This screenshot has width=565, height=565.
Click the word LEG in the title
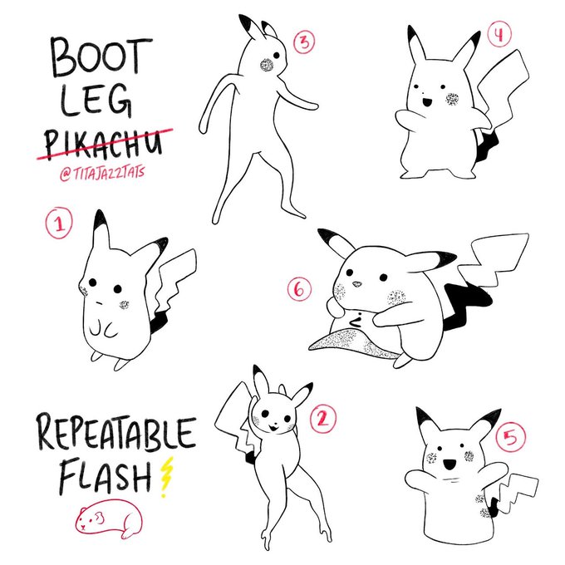click(x=96, y=100)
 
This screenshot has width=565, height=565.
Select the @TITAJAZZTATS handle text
click(x=102, y=173)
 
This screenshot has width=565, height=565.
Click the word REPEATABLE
click(x=116, y=432)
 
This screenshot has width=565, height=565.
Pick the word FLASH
click(x=106, y=475)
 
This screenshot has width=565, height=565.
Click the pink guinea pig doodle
click(x=109, y=518)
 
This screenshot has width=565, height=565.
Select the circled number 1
click(x=59, y=223)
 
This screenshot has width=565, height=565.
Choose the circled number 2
click(x=323, y=419)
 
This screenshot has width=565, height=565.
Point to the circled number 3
click(x=304, y=42)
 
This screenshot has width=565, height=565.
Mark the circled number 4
click(x=499, y=35)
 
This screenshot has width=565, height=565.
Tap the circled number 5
click(x=511, y=437)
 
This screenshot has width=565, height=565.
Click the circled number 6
click(x=299, y=289)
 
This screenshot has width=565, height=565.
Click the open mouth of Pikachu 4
click(x=427, y=102)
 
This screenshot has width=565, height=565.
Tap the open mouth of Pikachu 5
click(x=450, y=464)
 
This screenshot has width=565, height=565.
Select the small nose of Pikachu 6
click(x=356, y=284)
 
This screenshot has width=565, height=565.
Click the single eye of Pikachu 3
click(x=277, y=56)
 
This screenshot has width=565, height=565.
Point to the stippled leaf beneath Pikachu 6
click(x=353, y=343)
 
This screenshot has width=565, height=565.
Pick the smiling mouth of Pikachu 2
click(x=273, y=428)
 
